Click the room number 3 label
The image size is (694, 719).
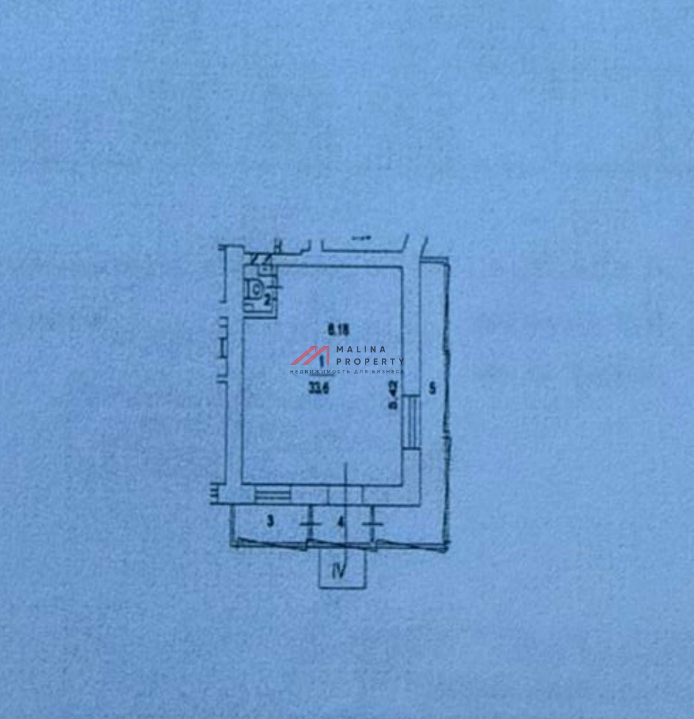(x=270, y=521)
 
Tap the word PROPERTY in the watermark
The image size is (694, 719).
(x=370, y=361)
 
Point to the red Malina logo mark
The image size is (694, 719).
(x=310, y=355)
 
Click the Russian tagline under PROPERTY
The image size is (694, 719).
(x=347, y=372)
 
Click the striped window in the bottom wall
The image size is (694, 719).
(x=273, y=494)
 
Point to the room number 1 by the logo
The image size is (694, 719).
(x=323, y=360)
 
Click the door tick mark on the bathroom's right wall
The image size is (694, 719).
(x=277, y=287)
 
